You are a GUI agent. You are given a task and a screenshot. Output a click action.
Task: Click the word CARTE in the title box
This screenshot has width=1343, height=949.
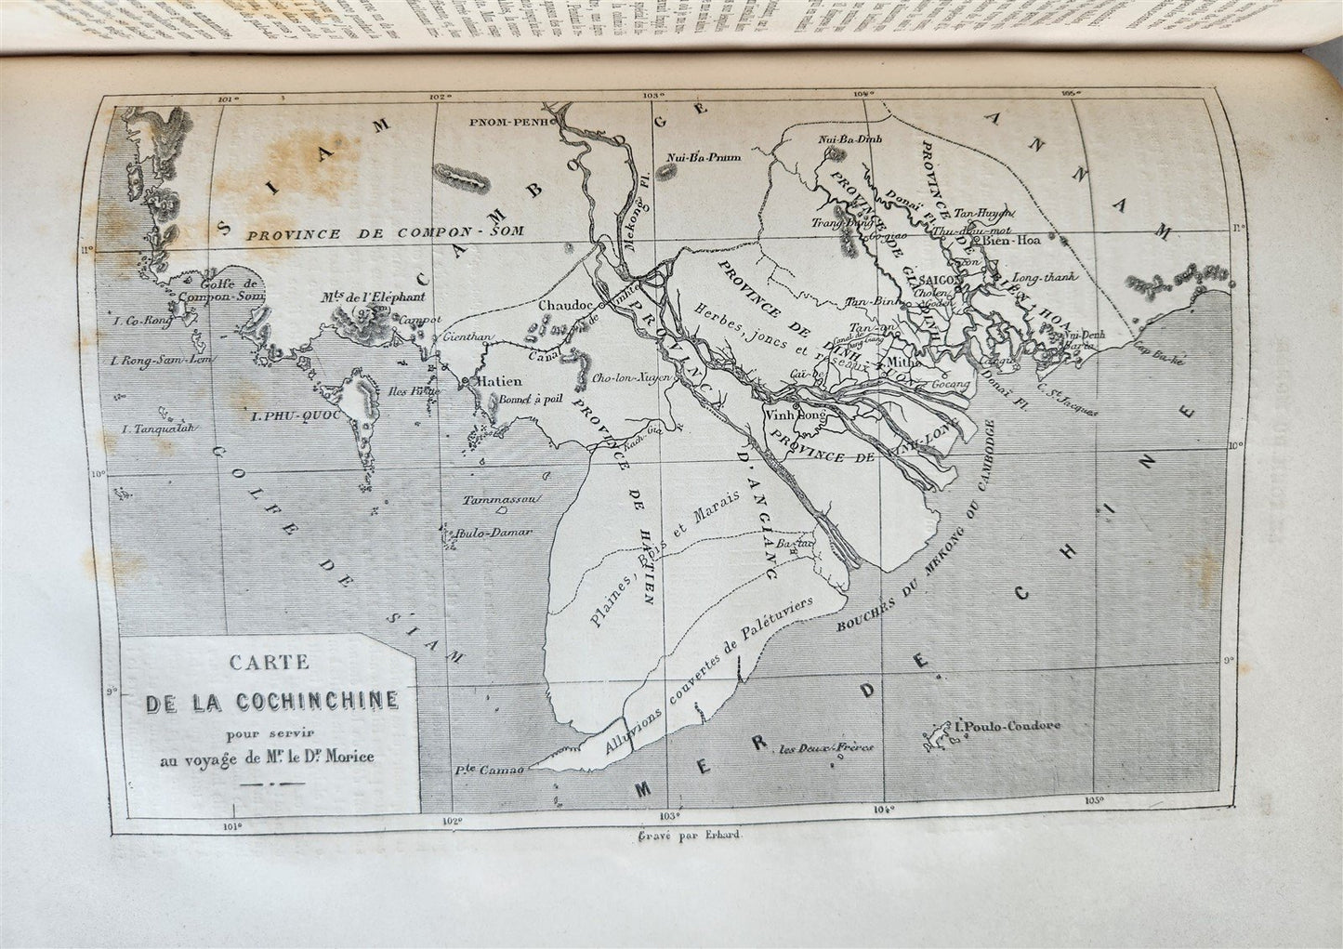(x=272, y=666)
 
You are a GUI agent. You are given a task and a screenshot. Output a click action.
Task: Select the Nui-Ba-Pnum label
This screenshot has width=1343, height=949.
(x=704, y=157)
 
